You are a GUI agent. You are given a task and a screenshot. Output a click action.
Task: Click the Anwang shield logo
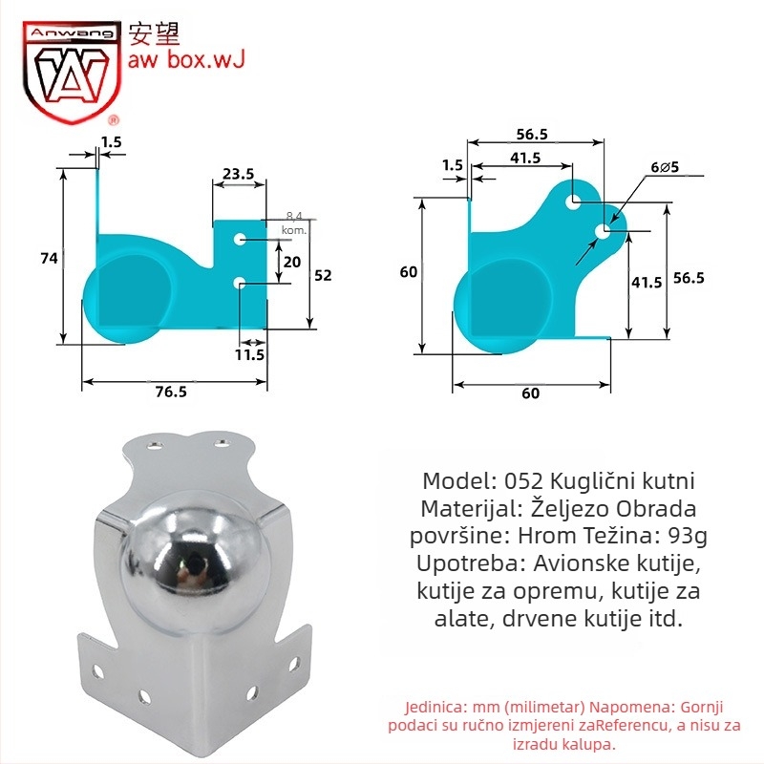coord(71,71)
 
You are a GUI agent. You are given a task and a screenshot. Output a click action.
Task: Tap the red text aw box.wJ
coord(185,59)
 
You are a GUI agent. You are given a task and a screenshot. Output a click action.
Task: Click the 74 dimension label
coord(50,258)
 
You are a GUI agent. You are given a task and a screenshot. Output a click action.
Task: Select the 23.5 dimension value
coord(238,174)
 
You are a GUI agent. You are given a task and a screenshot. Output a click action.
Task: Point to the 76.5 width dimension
coord(171,392)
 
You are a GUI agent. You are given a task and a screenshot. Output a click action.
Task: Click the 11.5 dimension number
coord(249,354)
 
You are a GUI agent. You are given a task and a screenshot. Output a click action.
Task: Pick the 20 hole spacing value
coord(292,262)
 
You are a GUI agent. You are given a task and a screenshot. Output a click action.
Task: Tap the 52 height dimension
coord(323,276)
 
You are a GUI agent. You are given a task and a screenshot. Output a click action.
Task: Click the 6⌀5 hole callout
coord(665,168)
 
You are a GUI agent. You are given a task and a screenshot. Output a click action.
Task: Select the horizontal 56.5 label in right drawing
coord(532,135)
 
